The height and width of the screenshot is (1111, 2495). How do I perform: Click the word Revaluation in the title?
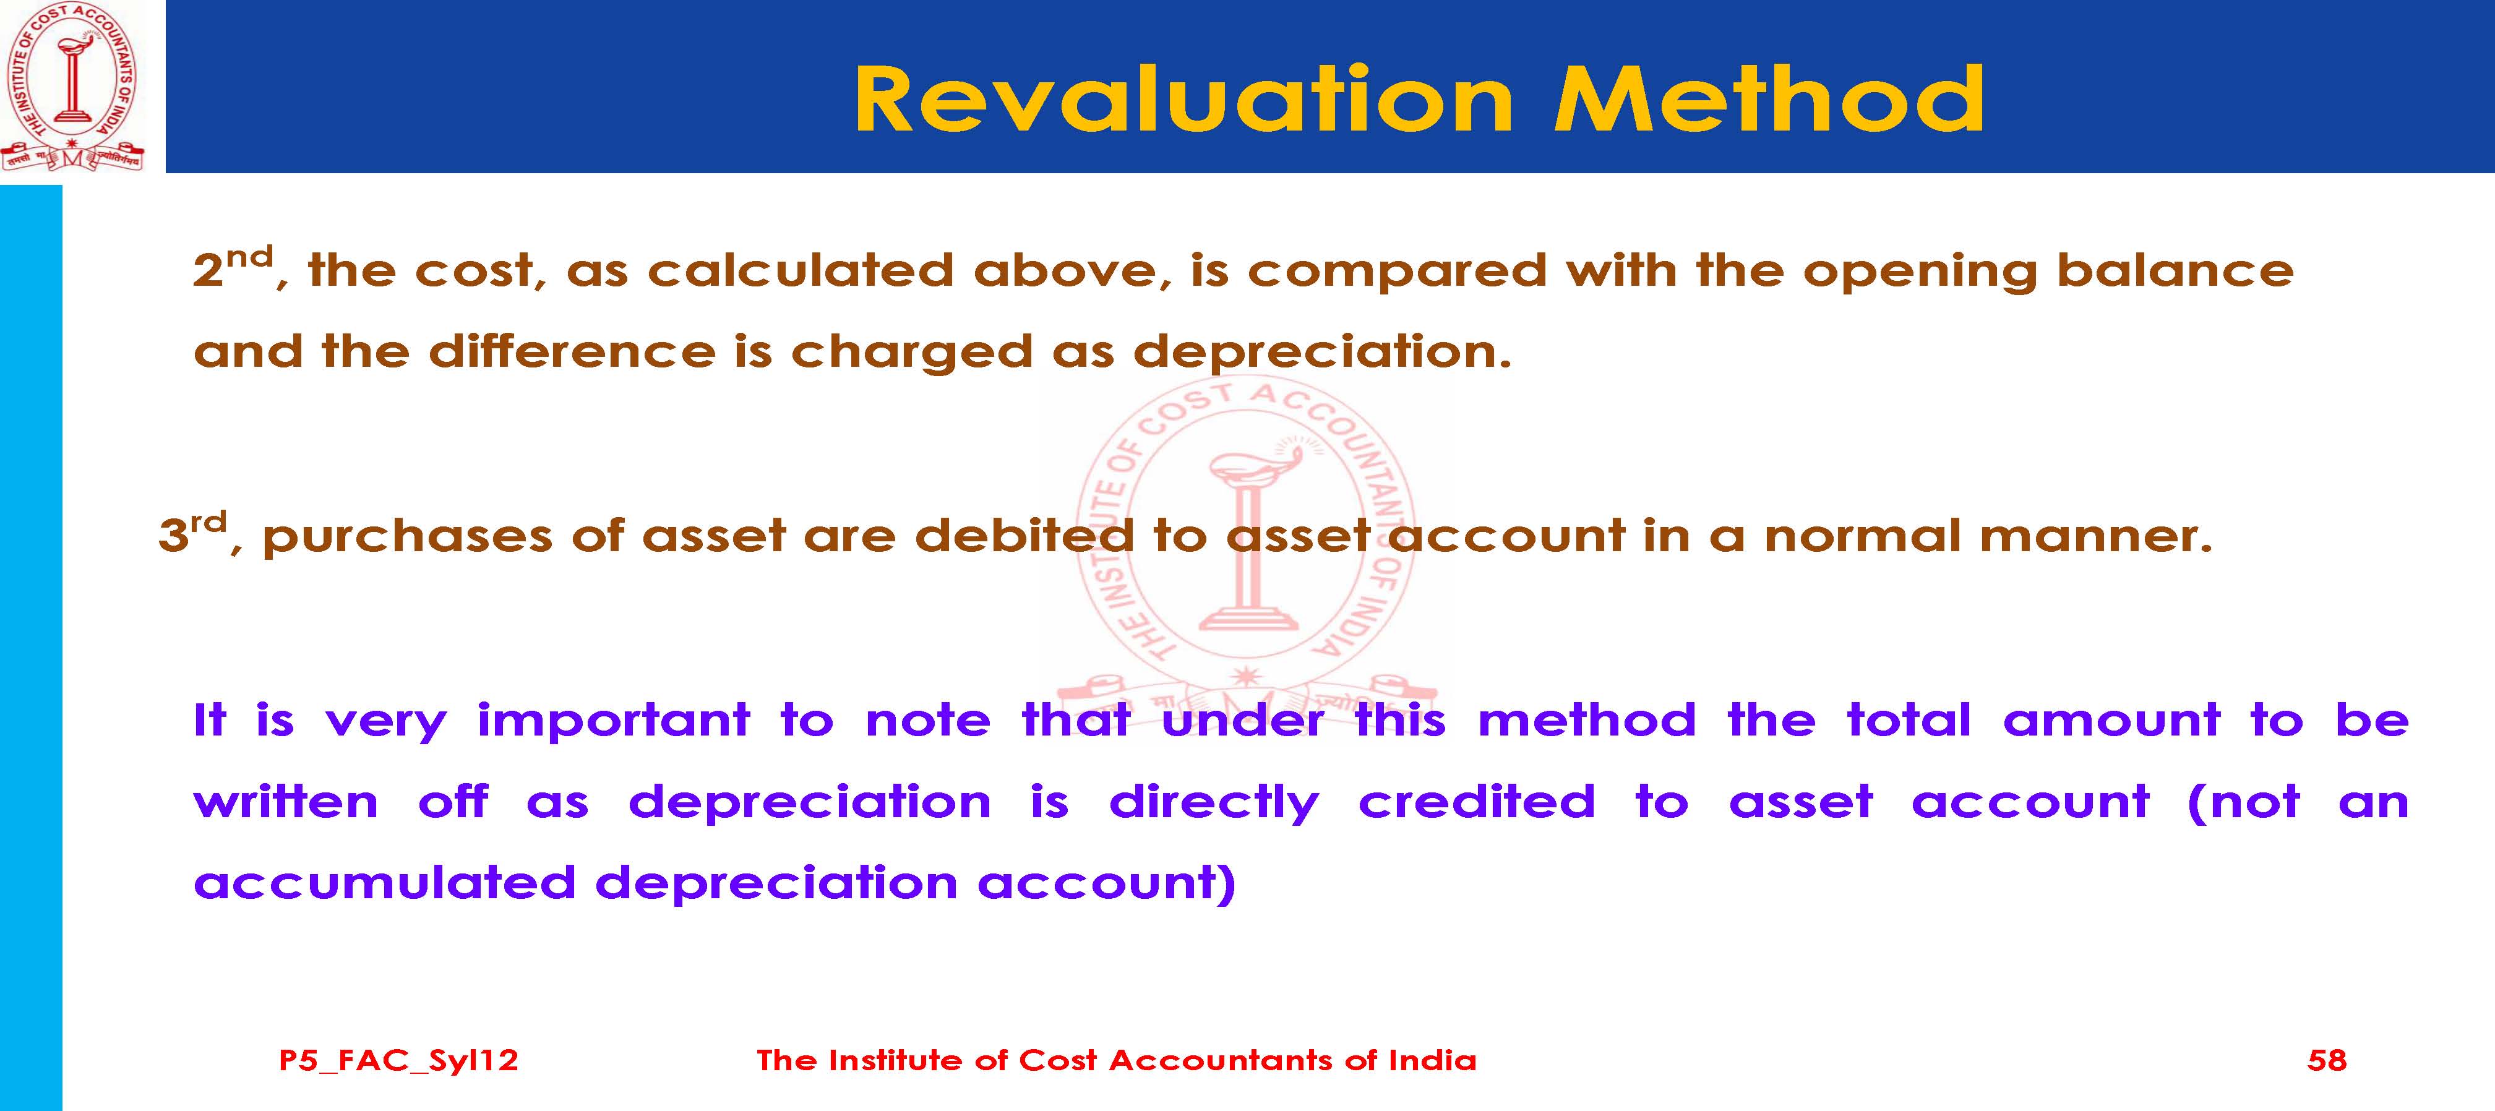click(x=1183, y=99)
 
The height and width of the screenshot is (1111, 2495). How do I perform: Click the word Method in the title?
click(x=1769, y=99)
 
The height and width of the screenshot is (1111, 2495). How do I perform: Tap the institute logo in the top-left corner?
click(x=72, y=87)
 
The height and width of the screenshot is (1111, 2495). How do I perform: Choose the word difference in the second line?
click(x=572, y=351)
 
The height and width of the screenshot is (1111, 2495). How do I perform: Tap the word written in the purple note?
click(x=286, y=803)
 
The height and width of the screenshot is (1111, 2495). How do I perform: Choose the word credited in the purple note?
click(x=1476, y=802)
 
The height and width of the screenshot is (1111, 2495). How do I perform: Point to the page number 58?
click(x=2327, y=1060)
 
